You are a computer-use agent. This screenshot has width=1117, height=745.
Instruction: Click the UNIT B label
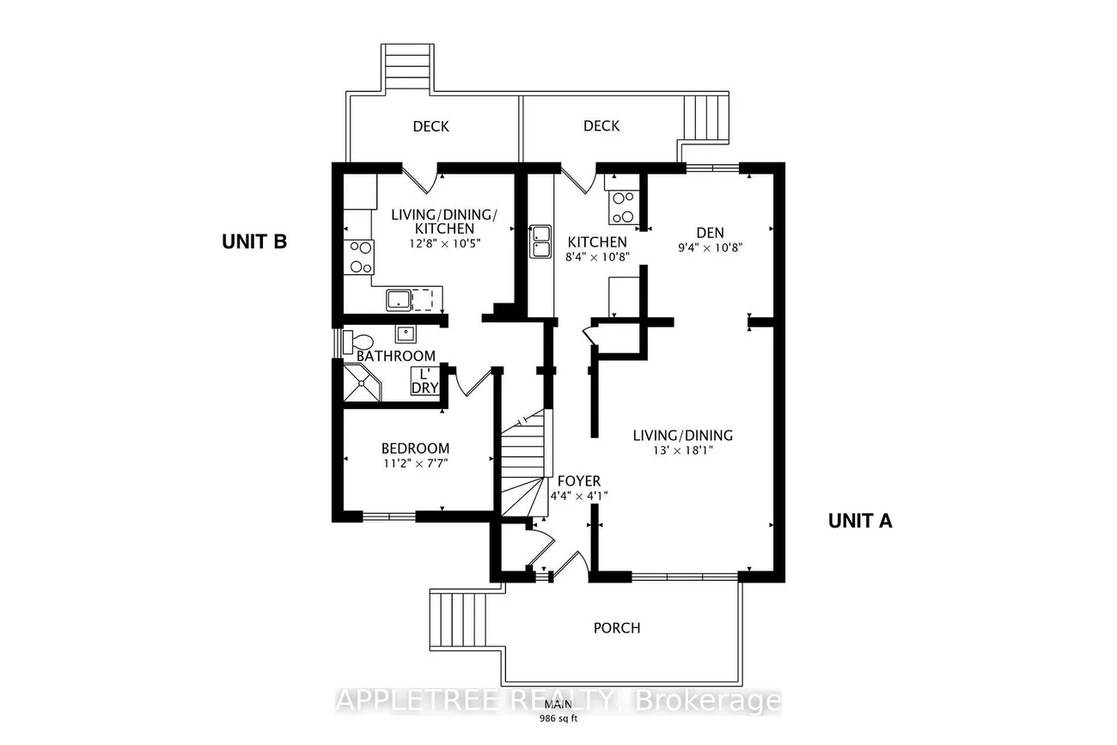pyautogui.click(x=253, y=242)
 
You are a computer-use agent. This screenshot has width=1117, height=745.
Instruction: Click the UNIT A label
pyautogui.click(x=860, y=520)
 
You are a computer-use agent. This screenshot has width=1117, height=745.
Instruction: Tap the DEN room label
pyautogui.click(x=710, y=232)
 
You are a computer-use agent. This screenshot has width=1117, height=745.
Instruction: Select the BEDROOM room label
pyautogui.click(x=416, y=448)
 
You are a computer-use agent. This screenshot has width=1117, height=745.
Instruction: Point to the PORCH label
pyautogui.click(x=617, y=627)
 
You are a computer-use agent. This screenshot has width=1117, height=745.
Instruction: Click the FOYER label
pyautogui.click(x=579, y=481)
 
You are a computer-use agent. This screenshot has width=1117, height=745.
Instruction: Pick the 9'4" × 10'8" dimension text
pyautogui.click(x=710, y=247)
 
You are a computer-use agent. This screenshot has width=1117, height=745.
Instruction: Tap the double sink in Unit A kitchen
pyautogui.click(x=541, y=241)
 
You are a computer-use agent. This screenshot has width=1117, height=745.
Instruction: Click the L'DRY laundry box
pyautogui.click(x=425, y=382)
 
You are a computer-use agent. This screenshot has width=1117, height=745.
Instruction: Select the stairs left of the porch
pyautogui.click(x=456, y=622)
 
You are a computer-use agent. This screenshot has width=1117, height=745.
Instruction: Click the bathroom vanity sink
pyautogui.click(x=406, y=333)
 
